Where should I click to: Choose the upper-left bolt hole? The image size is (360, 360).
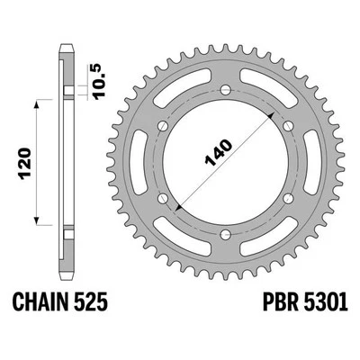165,123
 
